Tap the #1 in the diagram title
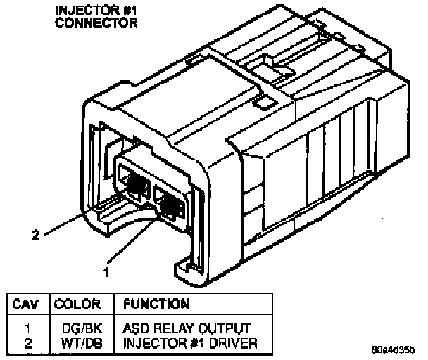pos(127,11)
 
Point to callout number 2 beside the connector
pos(35,236)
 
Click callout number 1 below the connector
pos(106,269)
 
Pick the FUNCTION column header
pos(156,304)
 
